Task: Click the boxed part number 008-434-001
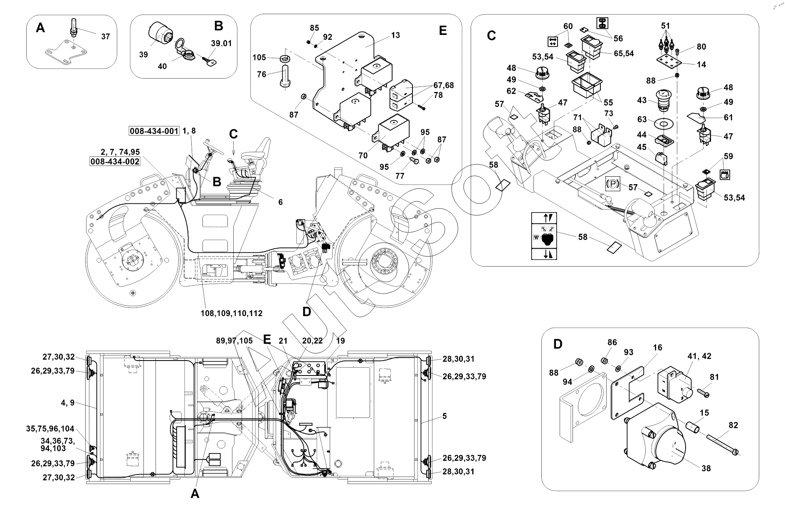pos(154,131)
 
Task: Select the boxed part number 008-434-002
pos(115,161)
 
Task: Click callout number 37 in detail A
pos(106,37)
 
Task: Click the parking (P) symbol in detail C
pos(612,183)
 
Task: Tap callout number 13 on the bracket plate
pos(395,35)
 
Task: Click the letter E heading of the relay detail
pos(442,30)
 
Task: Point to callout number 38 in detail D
pos(706,468)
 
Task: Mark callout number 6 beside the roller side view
pos(280,202)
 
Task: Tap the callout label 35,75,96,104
pos(50,429)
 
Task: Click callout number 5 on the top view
pos(444,416)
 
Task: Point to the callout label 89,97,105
pos(234,341)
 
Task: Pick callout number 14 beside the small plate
pos(701,64)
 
